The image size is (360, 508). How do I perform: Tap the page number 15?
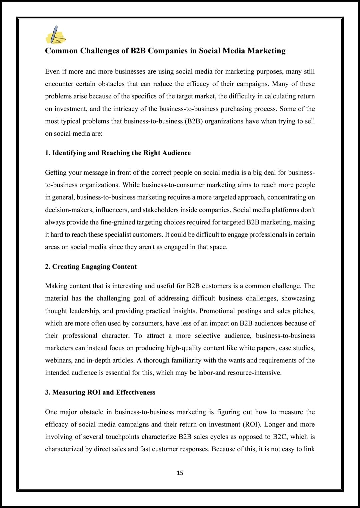(x=180, y=473)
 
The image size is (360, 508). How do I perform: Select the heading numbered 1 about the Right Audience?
(x=118, y=153)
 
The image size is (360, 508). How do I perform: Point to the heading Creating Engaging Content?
(x=91, y=267)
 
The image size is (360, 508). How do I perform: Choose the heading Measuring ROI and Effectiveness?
(x=100, y=392)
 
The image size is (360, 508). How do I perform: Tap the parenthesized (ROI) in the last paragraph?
(x=253, y=424)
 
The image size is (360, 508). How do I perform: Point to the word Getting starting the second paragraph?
(x=56, y=173)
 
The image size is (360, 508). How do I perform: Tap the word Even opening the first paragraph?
(x=52, y=71)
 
